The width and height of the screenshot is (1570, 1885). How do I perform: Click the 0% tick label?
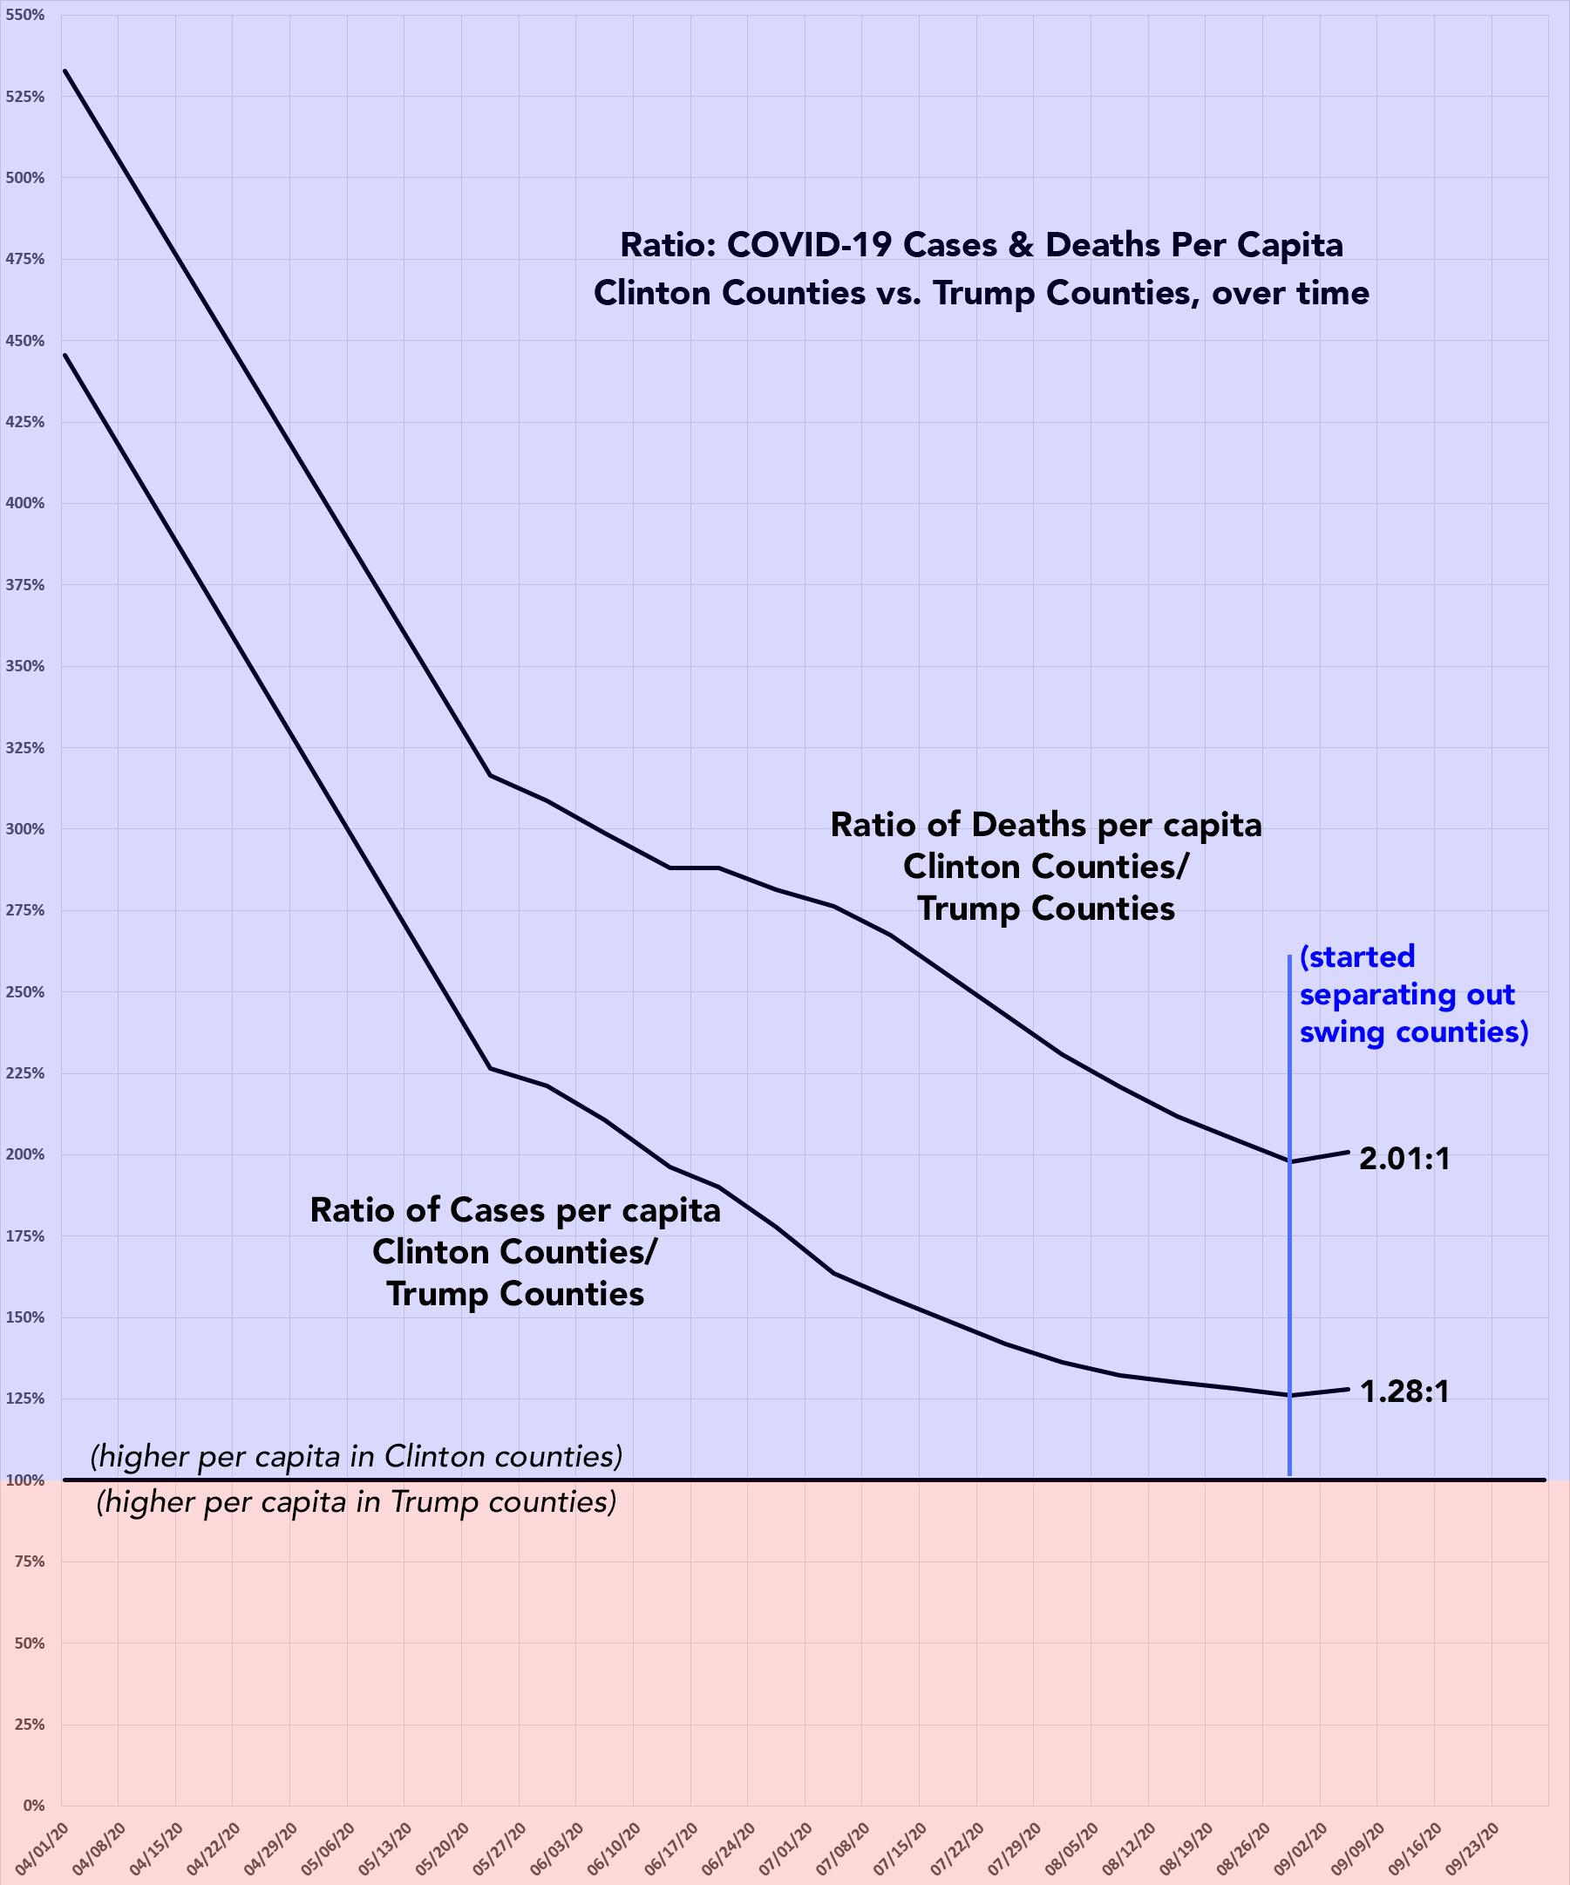[32, 1805]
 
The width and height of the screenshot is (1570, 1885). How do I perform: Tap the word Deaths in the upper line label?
[1038, 825]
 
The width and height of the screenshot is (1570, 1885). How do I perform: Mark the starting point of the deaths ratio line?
[65, 71]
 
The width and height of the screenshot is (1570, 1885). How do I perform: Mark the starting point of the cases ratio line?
[65, 355]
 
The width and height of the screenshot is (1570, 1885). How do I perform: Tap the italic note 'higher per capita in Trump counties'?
[357, 1501]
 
